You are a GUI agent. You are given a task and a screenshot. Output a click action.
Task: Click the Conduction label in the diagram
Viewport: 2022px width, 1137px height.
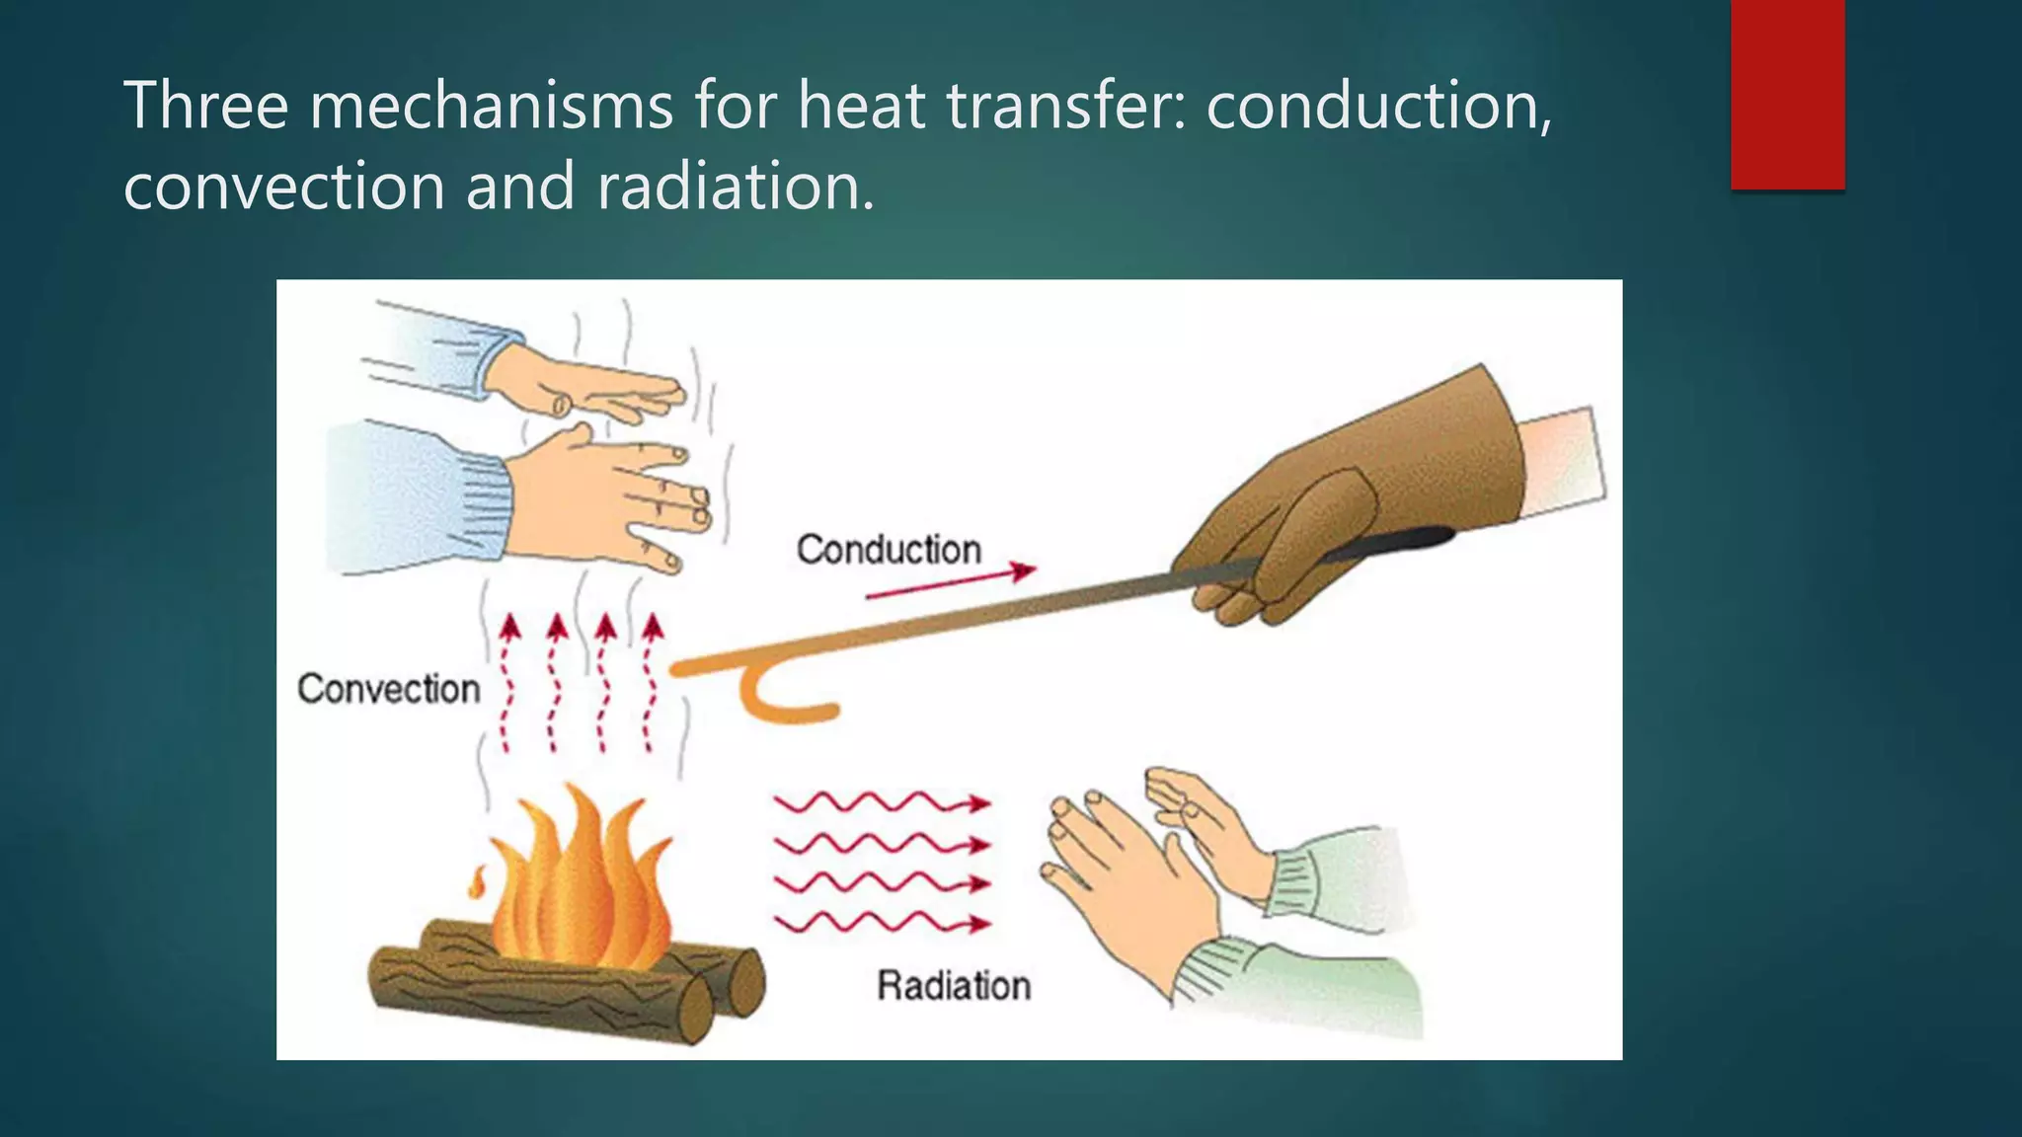tap(889, 550)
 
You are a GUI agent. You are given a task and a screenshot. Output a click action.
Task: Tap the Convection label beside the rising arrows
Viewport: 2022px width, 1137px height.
tap(388, 689)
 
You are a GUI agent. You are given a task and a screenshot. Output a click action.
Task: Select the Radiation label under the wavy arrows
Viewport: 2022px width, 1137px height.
tap(954, 985)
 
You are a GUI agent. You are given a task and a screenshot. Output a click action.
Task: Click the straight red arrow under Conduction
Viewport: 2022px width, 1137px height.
tap(950, 582)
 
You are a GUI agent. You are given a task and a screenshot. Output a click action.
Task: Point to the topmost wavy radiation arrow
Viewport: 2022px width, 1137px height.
tap(881, 803)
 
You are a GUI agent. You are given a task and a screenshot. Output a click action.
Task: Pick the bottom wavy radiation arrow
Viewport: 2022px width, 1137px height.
tap(881, 924)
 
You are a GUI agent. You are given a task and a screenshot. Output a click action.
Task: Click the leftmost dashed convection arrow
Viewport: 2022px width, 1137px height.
tap(508, 681)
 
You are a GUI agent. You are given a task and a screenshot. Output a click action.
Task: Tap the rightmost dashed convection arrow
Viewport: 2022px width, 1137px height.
tap(652, 681)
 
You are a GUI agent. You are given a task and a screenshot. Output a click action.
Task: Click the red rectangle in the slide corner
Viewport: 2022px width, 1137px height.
tap(1787, 94)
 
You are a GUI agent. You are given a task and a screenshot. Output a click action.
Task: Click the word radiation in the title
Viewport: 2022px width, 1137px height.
tap(736, 186)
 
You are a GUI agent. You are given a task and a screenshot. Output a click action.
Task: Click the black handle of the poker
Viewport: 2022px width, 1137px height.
tap(1392, 543)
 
